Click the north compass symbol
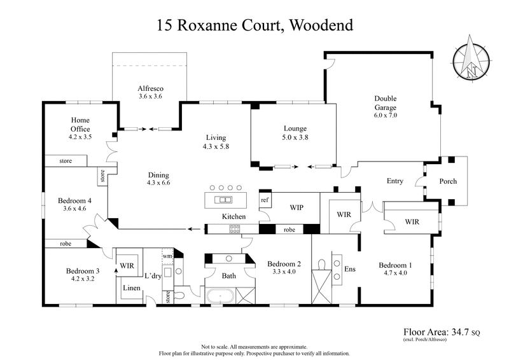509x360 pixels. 471,61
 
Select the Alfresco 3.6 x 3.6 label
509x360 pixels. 151,93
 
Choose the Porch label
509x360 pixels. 448,181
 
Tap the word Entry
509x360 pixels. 394,181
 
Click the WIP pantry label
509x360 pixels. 296,207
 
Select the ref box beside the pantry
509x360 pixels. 265,200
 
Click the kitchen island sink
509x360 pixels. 223,200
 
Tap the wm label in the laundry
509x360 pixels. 167,256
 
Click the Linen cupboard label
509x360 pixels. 132,288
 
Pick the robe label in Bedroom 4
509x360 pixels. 65,244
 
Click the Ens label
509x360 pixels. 349,269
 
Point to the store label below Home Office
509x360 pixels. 65,162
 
